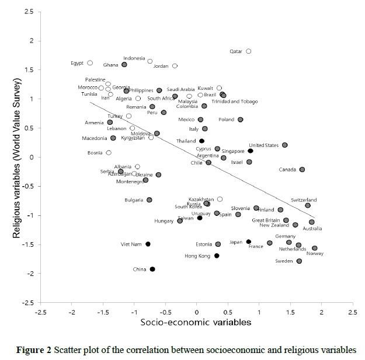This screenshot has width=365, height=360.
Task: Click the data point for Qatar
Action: tap(249, 51)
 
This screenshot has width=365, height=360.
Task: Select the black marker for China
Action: tap(152, 269)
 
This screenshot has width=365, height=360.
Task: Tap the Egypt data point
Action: tap(90, 63)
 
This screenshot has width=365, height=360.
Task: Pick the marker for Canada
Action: tap(302, 170)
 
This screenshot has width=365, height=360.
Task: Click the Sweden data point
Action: tap(299, 261)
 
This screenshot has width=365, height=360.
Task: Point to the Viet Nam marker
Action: tap(148, 244)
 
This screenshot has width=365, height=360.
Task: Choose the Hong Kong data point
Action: tap(217, 256)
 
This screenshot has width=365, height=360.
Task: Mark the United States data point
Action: tap(285, 145)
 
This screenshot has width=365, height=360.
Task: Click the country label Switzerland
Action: tap(304, 200)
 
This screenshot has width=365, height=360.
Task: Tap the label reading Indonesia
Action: tap(134, 58)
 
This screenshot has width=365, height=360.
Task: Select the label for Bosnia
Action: tap(95, 153)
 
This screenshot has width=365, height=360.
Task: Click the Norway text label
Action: tap(315, 254)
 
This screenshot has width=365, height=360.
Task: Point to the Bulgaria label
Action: tap(134, 200)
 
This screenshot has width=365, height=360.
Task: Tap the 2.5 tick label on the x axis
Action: tap(352, 313)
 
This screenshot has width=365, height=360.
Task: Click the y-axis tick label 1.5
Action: tap(27, 70)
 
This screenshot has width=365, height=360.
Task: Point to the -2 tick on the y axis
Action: tap(29, 274)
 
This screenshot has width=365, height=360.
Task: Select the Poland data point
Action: tap(241, 120)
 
